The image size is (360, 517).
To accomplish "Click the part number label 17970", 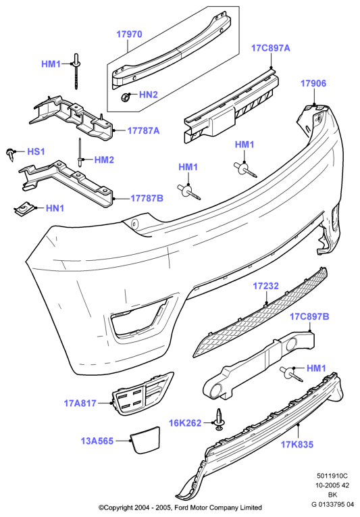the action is pos(129,34).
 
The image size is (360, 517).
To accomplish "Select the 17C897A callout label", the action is pos(271,48).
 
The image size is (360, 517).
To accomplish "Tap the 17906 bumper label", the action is pos(313,83).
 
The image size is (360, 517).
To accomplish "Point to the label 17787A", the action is pos(143,130).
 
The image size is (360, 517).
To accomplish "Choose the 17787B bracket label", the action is pos(147,198).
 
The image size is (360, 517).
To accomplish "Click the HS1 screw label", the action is pos(36,151).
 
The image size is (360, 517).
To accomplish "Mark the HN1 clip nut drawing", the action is pos(22,210).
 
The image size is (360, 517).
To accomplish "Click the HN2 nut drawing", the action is pos(125,97).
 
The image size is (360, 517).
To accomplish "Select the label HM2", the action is pos(104,160).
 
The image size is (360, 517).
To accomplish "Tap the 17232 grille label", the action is pos(265,286).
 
